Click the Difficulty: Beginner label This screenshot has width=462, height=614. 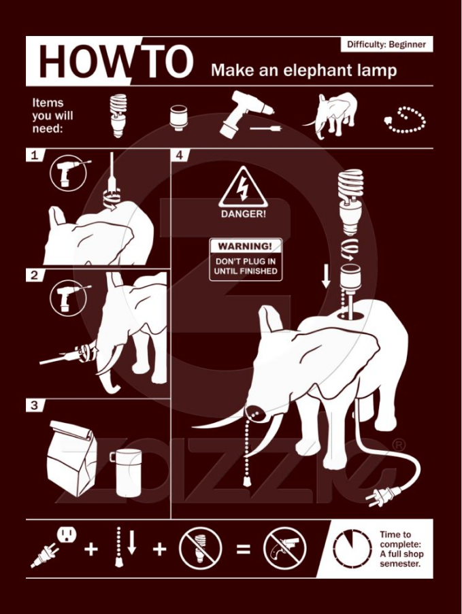pos(386,44)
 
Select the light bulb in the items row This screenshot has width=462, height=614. pos(118,116)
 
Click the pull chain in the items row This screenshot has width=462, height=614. pos(405,120)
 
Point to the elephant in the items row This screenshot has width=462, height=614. pos(331,115)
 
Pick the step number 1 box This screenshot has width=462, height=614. pos(35,155)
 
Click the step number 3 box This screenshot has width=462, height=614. pos(35,405)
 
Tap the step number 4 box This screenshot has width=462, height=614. pos(180,155)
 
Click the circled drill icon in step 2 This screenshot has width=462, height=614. pos(68,298)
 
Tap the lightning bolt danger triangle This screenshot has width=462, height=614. pos(243,187)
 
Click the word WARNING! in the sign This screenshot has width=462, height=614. pos(245,246)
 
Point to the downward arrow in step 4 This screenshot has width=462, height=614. pos(326,277)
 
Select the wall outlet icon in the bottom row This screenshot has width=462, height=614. pos(67,534)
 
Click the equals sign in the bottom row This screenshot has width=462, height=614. pos(244,549)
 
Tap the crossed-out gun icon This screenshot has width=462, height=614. pos(284,548)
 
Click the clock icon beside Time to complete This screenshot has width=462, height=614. pos(352,549)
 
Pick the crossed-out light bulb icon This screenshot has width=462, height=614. pos(200,548)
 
